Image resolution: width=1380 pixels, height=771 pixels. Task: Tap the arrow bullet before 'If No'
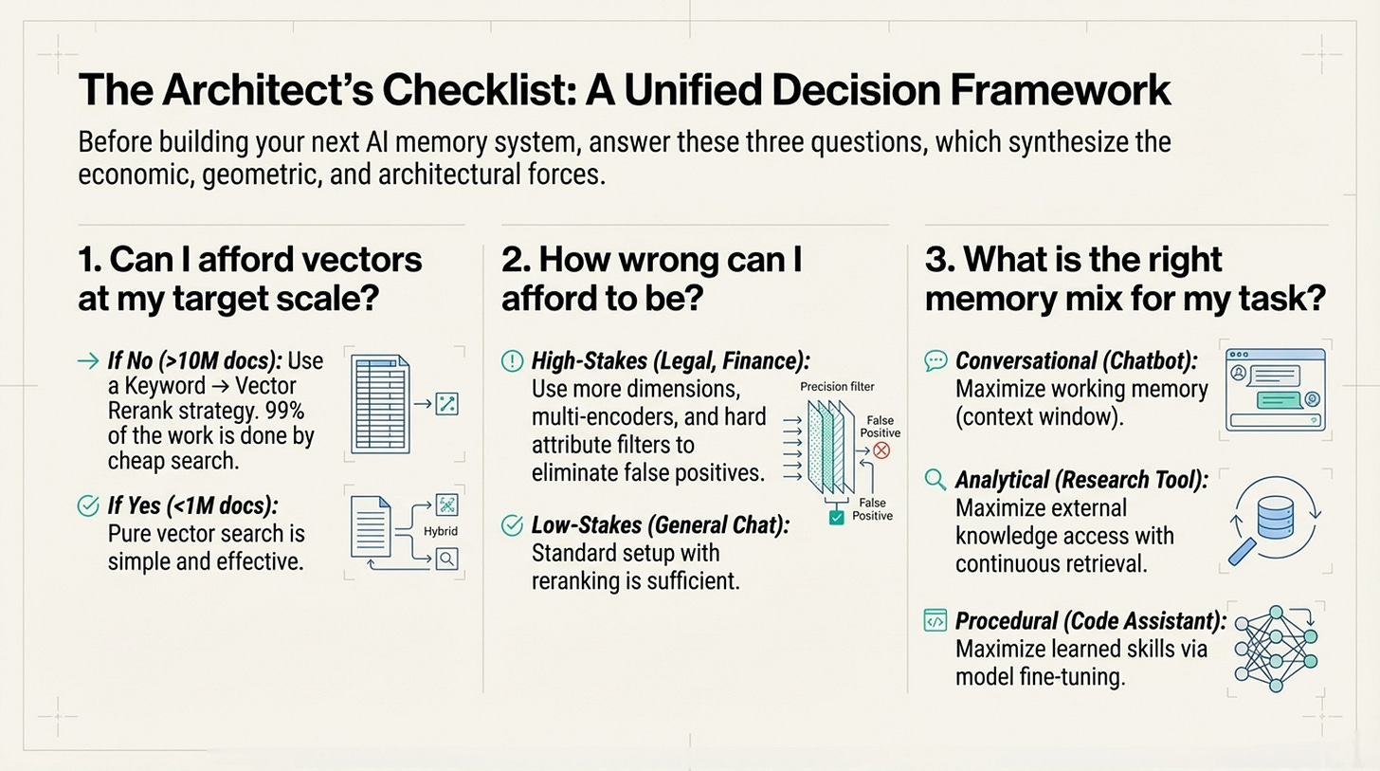point(87,360)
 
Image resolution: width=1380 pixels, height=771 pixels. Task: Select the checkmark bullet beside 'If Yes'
point(87,506)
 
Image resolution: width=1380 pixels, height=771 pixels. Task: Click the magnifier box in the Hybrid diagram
point(445,560)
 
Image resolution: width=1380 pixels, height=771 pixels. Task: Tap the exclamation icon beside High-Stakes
point(511,360)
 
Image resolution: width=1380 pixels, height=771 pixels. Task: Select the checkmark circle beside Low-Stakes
point(511,524)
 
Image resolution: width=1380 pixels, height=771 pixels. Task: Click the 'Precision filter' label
point(837,387)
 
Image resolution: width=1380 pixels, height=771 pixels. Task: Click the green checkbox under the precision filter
point(835,518)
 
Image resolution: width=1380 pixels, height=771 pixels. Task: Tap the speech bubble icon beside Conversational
point(935,360)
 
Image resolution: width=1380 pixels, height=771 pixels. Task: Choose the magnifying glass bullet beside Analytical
point(935,480)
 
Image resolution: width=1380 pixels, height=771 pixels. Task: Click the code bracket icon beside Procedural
point(935,622)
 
